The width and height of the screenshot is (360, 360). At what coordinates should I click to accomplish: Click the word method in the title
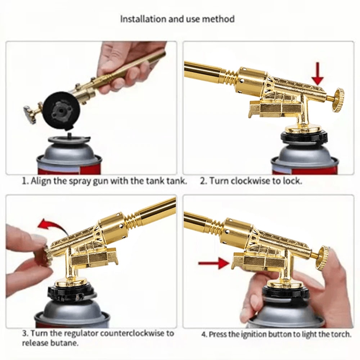pos(220,19)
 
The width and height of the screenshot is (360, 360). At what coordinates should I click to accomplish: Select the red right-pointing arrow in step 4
pos(214,264)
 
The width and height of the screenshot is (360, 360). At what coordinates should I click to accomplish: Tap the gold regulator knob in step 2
pos(337,100)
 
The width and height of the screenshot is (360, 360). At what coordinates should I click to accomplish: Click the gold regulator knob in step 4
pos(321,257)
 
